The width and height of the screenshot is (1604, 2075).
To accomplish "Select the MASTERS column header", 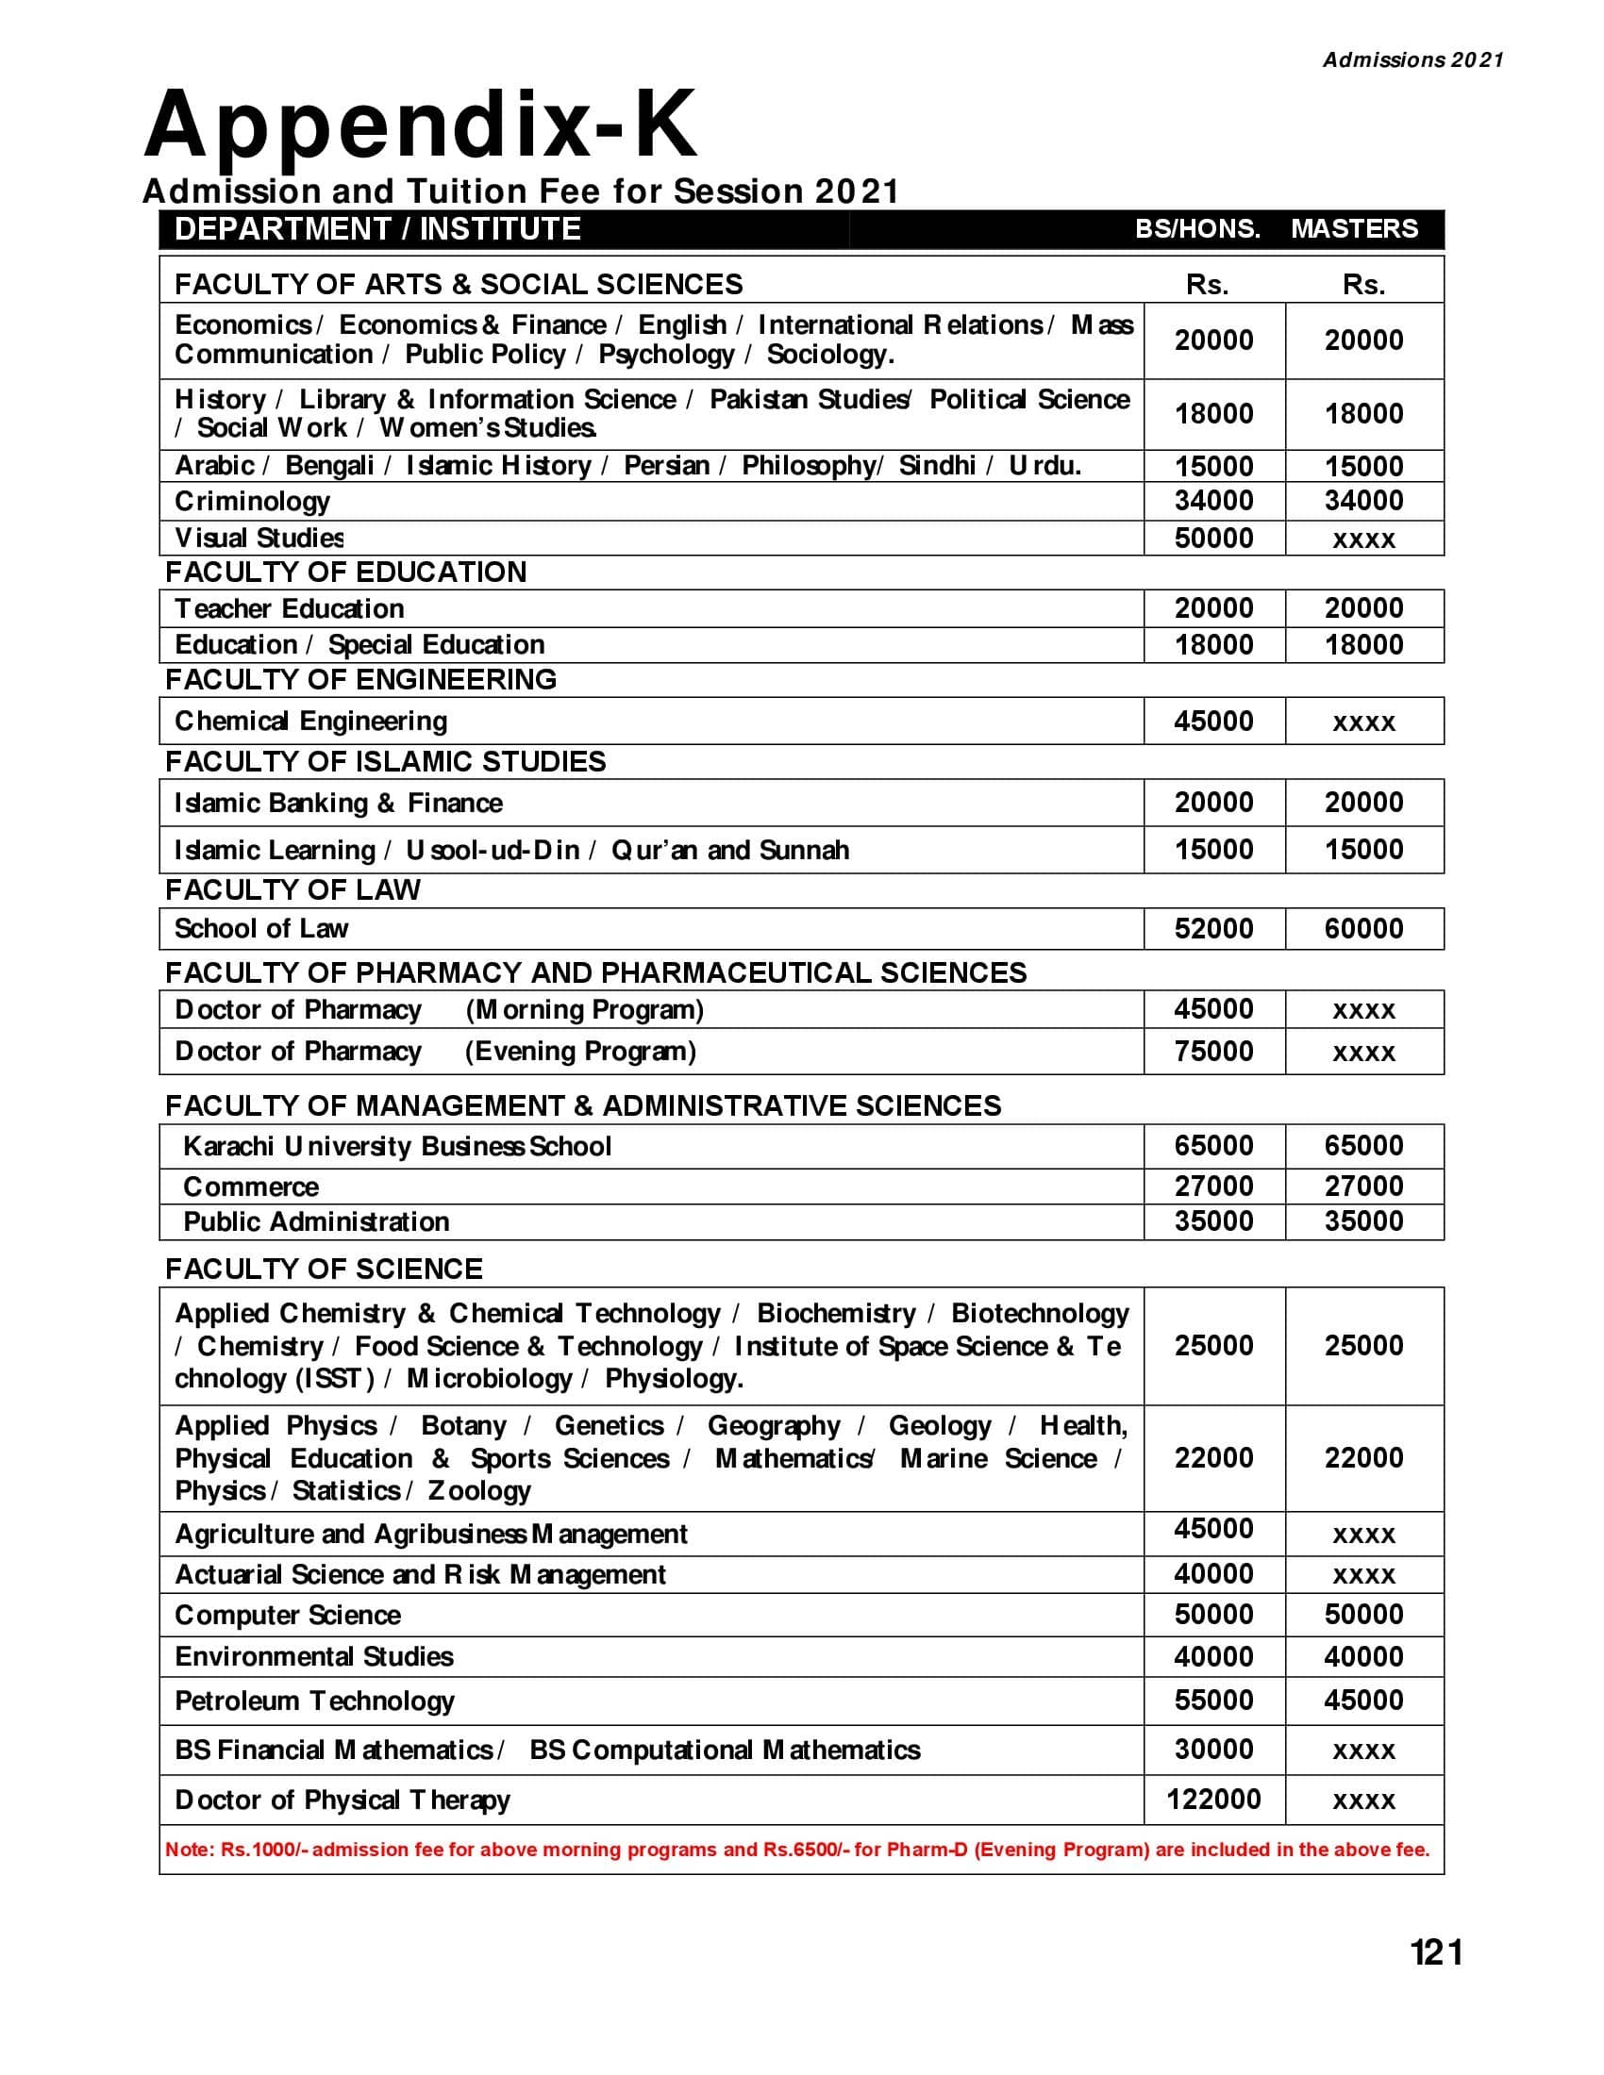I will [x=1353, y=229].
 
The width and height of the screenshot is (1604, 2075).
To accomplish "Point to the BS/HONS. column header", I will [x=1197, y=229].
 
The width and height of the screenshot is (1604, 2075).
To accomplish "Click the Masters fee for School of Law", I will [x=1363, y=928].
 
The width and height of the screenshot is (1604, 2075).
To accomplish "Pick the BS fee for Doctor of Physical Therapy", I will [x=1213, y=1799].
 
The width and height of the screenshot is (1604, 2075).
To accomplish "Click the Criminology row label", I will [x=252, y=501].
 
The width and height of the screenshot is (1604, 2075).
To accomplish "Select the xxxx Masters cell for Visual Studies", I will [x=1363, y=539].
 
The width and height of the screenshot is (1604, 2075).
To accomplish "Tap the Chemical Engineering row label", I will [x=310, y=722].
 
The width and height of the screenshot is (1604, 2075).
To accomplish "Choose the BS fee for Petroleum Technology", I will [x=1213, y=1700].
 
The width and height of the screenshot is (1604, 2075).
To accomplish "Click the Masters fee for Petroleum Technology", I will [x=1363, y=1700].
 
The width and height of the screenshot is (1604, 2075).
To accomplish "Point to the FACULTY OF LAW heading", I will [x=292, y=889].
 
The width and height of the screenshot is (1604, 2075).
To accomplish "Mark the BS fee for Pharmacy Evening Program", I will [x=1213, y=1051].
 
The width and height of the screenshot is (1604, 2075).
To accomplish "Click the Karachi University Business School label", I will [x=397, y=1146].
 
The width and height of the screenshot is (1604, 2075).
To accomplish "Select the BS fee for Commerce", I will [x=1213, y=1186].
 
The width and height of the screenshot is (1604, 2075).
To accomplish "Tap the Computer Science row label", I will [x=288, y=1615].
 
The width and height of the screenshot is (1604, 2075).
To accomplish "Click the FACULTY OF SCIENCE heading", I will [x=324, y=1270].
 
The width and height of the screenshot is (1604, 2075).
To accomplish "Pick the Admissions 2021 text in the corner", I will [x=1413, y=59].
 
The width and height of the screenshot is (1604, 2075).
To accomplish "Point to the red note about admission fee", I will [x=797, y=1849].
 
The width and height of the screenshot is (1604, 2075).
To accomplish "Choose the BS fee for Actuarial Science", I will [x=1213, y=1574].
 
